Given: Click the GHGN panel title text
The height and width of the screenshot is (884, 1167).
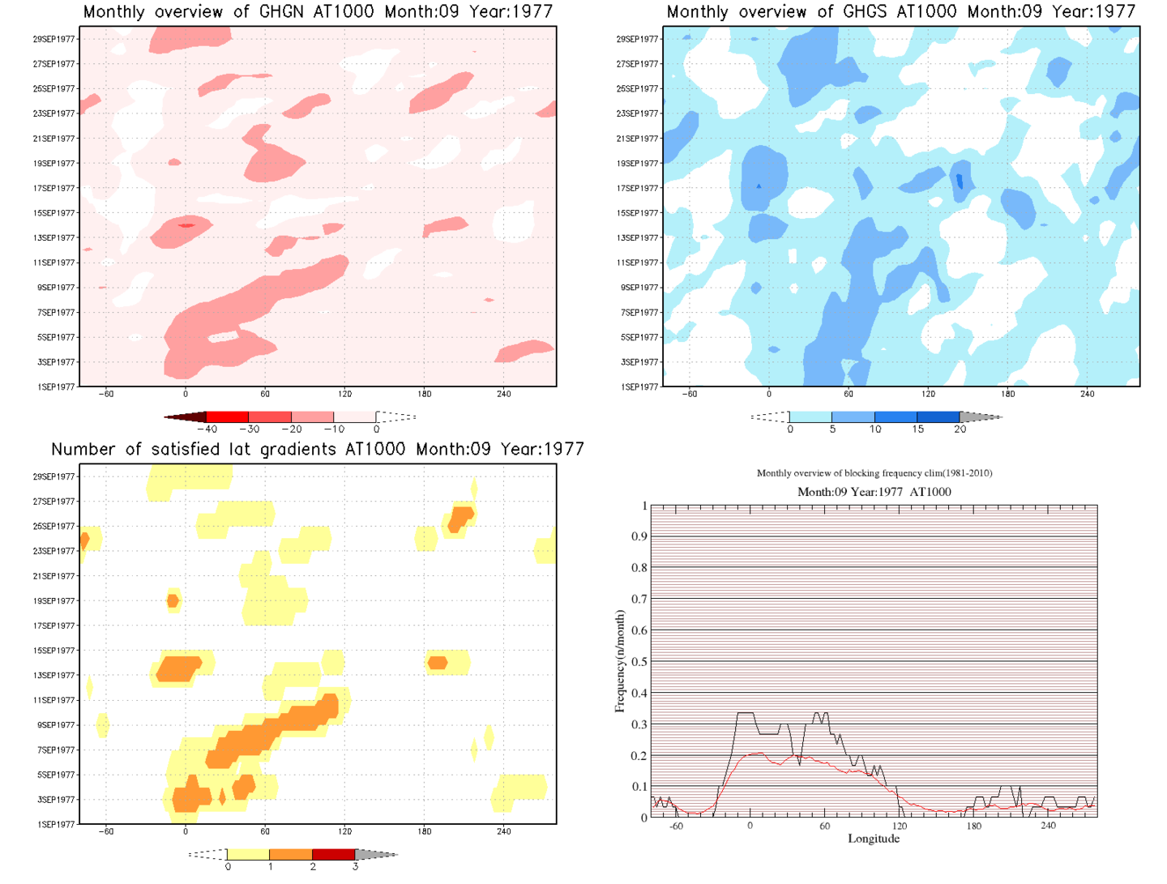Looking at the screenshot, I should click(x=318, y=12).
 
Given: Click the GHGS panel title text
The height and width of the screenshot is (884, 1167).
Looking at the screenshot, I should click(x=900, y=12).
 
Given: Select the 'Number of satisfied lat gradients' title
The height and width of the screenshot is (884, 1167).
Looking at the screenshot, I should click(x=317, y=450).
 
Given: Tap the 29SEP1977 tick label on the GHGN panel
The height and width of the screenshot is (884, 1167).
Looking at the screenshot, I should click(x=54, y=39).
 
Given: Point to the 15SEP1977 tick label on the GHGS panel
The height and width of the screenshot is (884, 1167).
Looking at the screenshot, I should click(x=638, y=213).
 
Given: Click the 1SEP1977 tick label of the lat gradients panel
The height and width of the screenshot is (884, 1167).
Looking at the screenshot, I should click(x=56, y=825).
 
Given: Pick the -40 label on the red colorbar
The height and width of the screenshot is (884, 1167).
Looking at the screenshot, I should click(x=207, y=429).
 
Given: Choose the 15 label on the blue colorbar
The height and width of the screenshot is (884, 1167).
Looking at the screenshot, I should click(x=917, y=429).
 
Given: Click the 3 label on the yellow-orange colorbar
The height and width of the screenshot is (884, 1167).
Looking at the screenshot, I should click(x=355, y=867).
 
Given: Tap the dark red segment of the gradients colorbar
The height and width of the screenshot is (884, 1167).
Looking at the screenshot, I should click(x=333, y=854).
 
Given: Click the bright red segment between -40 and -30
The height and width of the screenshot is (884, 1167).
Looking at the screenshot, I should click(x=228, y=416).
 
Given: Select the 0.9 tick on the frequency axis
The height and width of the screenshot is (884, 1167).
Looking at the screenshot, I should click(x=639, y=536).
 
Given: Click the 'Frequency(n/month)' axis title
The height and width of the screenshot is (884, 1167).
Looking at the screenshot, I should click(x=620, y=661).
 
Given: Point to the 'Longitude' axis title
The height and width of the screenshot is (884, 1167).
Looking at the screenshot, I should click(x=874, y=839).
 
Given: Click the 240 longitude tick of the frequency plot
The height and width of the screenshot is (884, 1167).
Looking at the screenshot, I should click(x=1048, y=826).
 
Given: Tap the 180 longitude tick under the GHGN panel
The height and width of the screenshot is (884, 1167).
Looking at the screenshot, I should click(x=425, y=394).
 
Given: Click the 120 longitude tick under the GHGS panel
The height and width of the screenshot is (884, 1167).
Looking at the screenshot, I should click(x=928, y=394).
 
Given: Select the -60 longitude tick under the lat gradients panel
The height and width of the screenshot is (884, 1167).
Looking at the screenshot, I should click(x=106, y=831).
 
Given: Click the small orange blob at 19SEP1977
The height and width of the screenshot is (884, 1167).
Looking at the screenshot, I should click(x=173, y=600).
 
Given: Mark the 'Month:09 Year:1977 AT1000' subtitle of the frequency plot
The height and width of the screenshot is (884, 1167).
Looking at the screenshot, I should click(x=874, y=492).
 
